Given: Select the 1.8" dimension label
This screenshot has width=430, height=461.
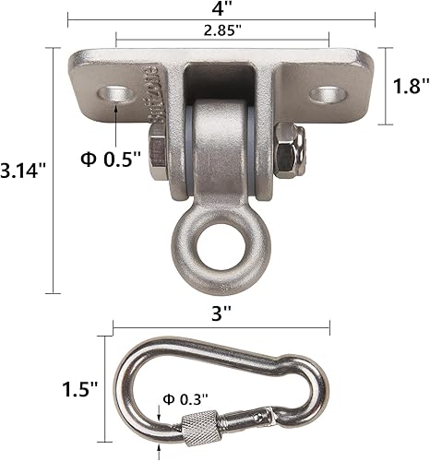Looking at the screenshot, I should click(408, 87).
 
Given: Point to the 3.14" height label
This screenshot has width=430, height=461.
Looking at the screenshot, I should click(20, 171).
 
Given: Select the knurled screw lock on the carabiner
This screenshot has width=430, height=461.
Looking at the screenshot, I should click(201, 429).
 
